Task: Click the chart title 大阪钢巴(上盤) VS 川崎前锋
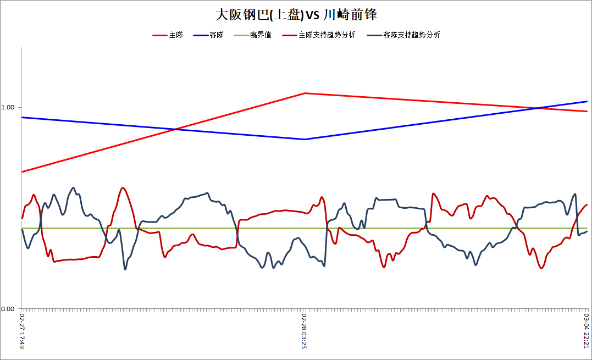[296, 15]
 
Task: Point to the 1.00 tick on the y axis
[8, 107]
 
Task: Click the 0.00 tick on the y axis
[8, 309]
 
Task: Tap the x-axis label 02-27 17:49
[22, 331]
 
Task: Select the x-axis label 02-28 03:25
[305, 331]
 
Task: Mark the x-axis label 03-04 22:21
[587, 331]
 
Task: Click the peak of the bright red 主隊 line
[305, 93]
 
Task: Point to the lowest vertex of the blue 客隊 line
[305, 139]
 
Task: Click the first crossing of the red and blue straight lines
[175, 129]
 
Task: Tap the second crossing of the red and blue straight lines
[537, 108]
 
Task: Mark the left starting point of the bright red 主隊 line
[22, 171]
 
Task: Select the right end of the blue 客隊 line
[587, 101]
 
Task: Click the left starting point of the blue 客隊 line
[22, 118]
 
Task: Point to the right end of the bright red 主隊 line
[587, 112]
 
